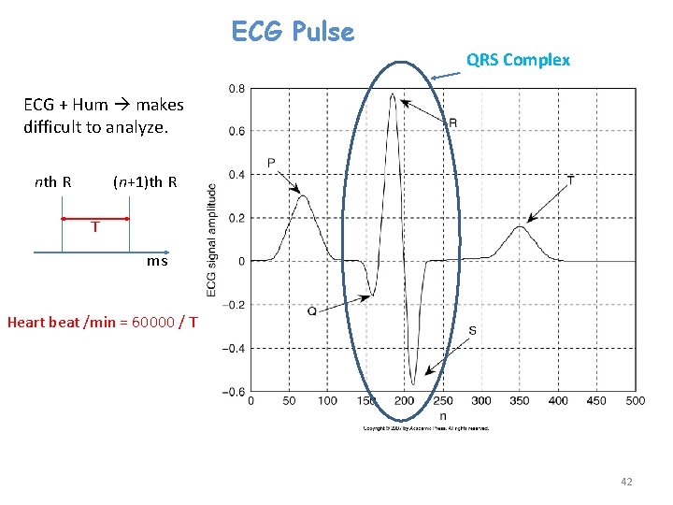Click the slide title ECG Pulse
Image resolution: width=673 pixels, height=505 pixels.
point(293,33)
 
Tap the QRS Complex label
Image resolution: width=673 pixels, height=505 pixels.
point(518,60)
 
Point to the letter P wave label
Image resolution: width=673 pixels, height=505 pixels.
point(271,164)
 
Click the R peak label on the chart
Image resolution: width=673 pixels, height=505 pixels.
point(452,123)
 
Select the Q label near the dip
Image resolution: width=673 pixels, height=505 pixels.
point(312,310)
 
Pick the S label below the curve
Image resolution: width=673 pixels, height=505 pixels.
point(472,330)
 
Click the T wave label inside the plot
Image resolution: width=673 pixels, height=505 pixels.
point(571,179)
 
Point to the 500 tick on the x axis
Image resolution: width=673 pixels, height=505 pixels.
point(635,401)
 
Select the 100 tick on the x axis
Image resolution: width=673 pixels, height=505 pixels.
point(327,401)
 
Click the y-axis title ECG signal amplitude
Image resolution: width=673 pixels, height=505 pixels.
point(212,240)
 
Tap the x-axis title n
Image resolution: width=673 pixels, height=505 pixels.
point(442,415)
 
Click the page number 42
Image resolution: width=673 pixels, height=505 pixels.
point(626,482)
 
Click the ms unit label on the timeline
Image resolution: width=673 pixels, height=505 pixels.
point(157,261)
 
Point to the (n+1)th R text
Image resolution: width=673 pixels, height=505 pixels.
point(145,181)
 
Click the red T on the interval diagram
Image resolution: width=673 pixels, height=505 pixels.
point(95,226)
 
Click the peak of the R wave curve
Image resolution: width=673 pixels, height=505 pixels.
point(393,94)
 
